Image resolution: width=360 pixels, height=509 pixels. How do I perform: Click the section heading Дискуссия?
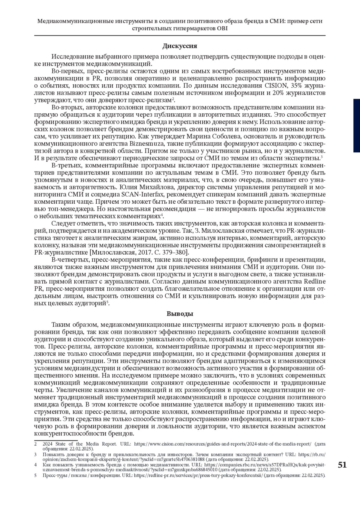[180, 46]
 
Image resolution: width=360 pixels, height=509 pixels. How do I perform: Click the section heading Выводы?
[180, 314]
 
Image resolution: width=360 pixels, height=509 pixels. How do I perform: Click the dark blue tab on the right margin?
[356, 120]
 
